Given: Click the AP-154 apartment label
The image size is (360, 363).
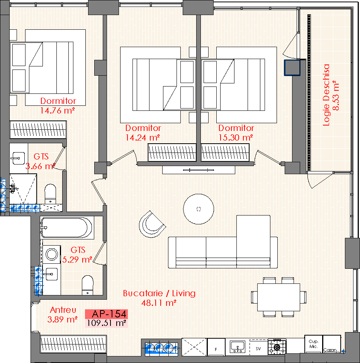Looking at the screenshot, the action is pos(109,314).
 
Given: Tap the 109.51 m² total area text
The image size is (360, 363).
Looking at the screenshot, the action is pos(107,323).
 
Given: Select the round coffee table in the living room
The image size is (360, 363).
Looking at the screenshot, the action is pos(199,209).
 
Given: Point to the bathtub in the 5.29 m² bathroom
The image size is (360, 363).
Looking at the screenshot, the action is pos(67,228).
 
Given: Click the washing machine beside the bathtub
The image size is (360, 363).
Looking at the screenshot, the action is pos(52,254).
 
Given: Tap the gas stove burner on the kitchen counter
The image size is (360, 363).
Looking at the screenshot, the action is pos(277,347).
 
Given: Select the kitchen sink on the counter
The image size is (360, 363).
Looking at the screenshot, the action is pos(238,347).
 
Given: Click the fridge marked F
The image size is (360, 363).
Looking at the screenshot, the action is pos(216,347).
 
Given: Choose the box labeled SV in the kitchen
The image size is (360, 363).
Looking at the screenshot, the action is pos(258,348).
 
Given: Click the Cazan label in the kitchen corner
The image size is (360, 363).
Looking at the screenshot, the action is pos(330,350).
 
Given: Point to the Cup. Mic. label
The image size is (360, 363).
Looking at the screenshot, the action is pos(314,344).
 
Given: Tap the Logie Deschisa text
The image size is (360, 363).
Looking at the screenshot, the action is pos(326,95).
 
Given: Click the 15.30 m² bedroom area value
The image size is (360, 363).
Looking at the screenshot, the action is pos(236,138).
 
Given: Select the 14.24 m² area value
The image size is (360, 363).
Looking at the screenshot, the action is pos(143,138).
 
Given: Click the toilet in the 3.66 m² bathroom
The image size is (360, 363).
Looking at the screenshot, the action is pos(50,194).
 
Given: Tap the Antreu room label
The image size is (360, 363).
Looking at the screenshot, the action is pos(63,310).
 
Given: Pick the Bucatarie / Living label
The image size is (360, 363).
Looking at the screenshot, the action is pos(159,293).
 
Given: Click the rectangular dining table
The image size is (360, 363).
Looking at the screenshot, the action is pos(279,297).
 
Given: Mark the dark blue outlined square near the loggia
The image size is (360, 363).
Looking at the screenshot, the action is pos(292,68).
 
